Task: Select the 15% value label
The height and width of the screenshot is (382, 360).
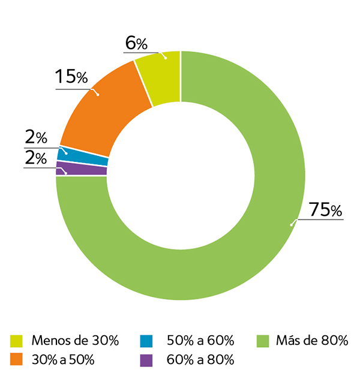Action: point(71,77)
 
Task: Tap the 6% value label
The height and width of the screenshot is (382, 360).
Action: point(136,43)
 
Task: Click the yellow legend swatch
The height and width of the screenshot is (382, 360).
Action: point(17,341)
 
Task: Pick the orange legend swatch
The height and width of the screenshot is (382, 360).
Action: point(17,360)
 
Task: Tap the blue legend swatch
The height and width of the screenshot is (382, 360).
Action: point(146,341)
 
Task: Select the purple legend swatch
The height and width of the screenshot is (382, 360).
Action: point(146,360)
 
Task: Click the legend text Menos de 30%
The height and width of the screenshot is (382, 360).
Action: point(75,341)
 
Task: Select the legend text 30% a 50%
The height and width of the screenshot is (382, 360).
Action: point(62,360)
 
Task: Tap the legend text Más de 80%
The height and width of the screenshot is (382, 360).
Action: point(312,341)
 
